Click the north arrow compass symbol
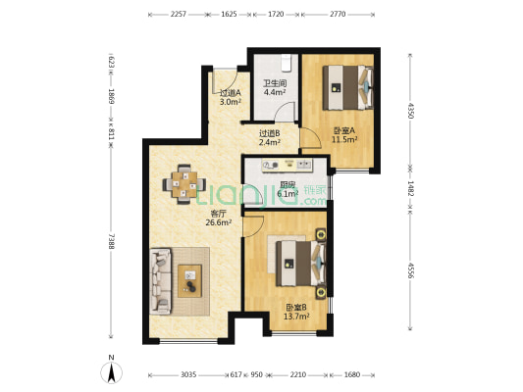(112, 371)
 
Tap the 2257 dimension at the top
(179, 15)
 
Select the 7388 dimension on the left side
(112, 241)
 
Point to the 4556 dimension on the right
(410, 270)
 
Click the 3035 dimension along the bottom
(188, 374)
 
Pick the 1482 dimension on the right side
(410, 188)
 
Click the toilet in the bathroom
(287, 64)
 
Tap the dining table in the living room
(184, 184)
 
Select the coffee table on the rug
(189, 280)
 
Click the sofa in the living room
(161, 281)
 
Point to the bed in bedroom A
(348, 87)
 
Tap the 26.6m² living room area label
(219, 222)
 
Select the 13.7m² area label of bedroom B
(296, 317)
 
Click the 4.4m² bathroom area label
(275, 92)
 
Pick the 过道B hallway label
(270, 133)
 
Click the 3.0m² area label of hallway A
(231, 102)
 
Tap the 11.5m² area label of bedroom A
(344, 139)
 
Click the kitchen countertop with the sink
(288, 166)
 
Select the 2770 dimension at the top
(338, 15)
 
